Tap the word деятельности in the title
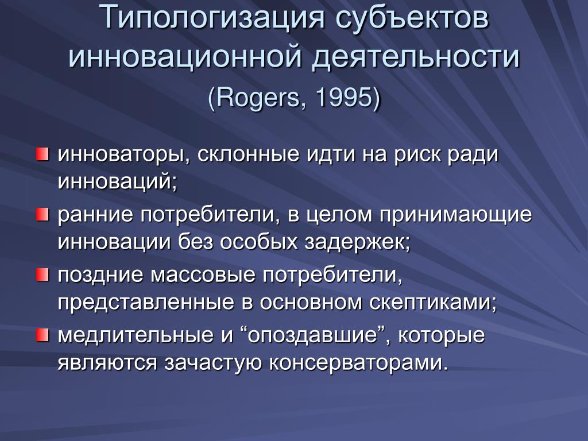pos(416,57)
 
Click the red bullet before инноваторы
pos(42,154)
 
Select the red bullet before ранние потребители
pos(42,215)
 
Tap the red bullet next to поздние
pos(42,275)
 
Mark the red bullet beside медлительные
pos(42,335)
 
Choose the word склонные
pos(248,154)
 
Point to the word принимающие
pos(455,215)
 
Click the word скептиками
pos(430,303)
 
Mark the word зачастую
pos(213,363)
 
